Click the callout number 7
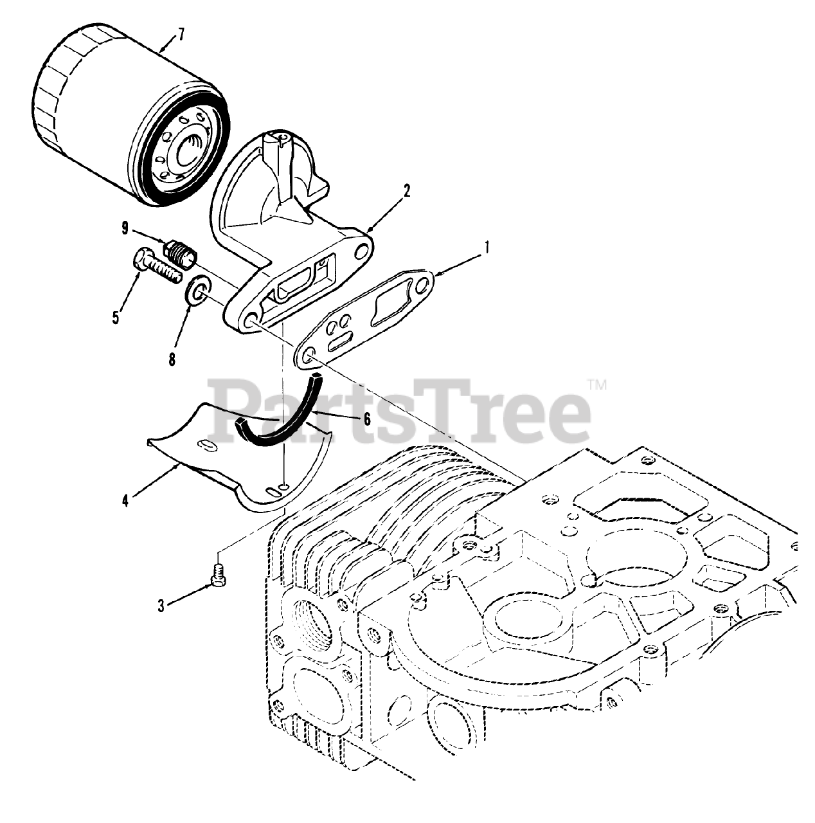point(181,34)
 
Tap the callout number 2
point(407,191)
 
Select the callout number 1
point(487,246)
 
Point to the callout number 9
point(125,228)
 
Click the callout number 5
point(116,317)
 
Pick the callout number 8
point(172,360)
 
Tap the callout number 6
point(367,419)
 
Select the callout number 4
point(125,499)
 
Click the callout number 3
point(161,604)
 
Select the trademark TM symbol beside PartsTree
point(598,386)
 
